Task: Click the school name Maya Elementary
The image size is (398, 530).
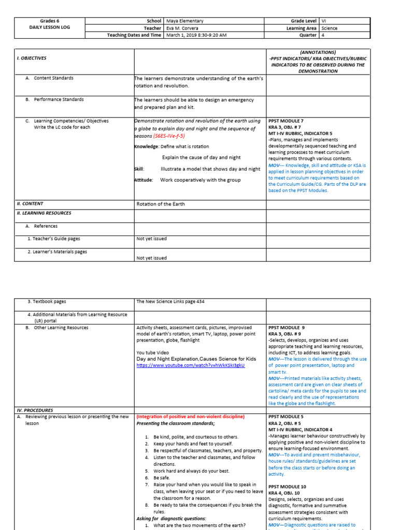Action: tap(183, 21)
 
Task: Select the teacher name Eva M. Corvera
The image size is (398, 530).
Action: tap(182, 28)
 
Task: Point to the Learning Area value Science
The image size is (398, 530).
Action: tap(329, 28)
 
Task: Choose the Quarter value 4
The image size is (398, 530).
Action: tap(323, 35)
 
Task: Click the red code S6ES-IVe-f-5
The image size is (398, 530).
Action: tap(169, 136)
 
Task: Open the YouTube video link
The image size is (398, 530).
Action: tap(190, 365)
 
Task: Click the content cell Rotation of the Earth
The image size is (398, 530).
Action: tap(160, 204)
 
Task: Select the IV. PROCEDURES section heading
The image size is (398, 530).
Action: tap(35, 410)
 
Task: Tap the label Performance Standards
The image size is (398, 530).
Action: tap(59, 99)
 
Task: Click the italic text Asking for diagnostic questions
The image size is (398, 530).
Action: tap(171, 518)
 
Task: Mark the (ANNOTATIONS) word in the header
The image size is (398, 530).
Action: tap(317, 52)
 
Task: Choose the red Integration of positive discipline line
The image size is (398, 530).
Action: tap(190, 417)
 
